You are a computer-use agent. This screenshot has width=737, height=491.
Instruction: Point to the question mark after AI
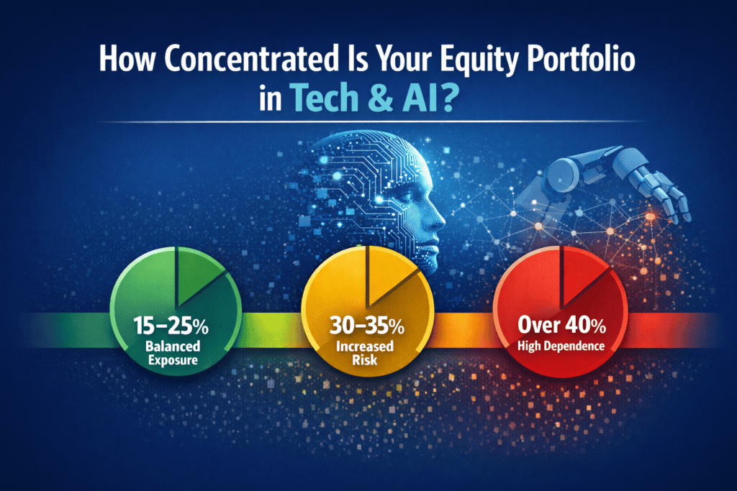coord(449,97)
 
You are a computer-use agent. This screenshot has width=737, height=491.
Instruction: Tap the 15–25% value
coord(171,326)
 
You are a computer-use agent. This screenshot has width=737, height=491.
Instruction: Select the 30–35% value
coord(366,326)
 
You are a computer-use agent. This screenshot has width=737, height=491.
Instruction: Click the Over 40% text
coord(561,325)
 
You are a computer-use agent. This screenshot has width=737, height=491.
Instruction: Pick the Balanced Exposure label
coord(173,353)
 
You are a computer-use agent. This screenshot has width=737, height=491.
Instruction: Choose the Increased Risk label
coord(365,353)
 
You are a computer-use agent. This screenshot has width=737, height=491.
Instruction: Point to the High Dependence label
coord(561,347)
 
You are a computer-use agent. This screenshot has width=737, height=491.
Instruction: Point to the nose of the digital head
coord(439,220)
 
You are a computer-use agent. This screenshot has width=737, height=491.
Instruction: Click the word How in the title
coord(127,58)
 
